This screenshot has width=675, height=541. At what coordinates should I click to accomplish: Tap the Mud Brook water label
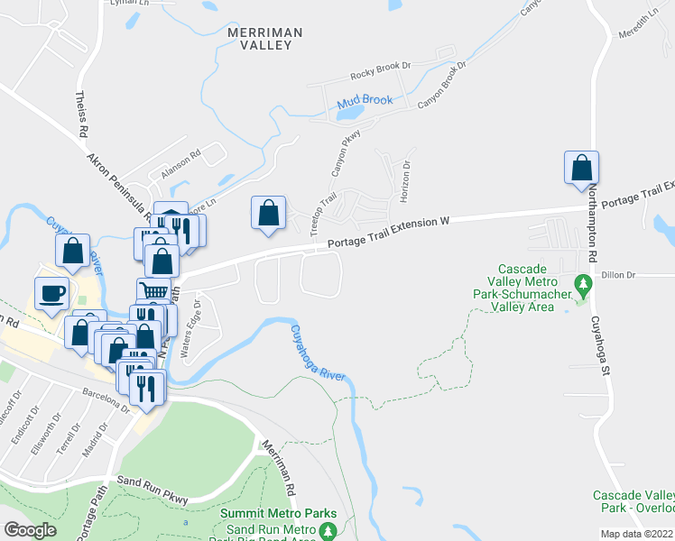coord(365,101)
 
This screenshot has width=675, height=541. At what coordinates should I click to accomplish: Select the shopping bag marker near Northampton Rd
coord(582,168)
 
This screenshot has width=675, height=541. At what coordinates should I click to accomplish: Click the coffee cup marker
coord(51,293)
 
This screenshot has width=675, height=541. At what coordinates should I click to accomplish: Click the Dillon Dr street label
coord(618,274)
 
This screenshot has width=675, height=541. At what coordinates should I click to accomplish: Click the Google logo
coord(30,530)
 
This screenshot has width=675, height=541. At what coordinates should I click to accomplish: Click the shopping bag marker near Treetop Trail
coord(268,213)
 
